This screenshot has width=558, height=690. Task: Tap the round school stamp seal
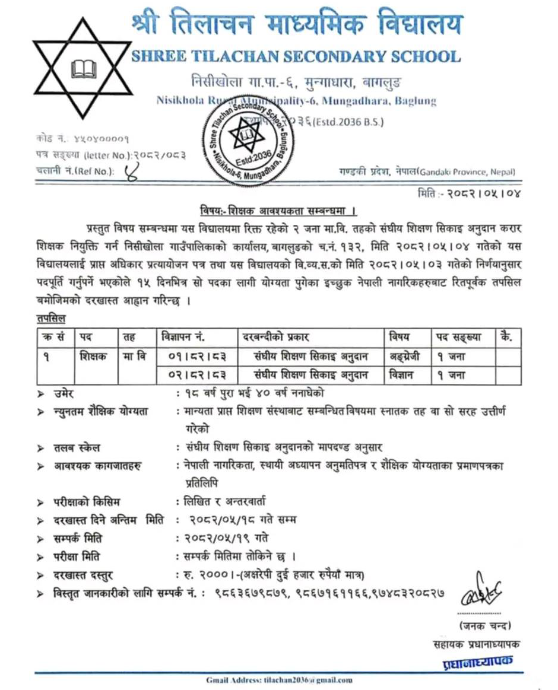point(249,141)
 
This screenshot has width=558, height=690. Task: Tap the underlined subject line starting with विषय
point(278,211)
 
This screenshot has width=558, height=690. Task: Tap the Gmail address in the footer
point(279,679)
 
